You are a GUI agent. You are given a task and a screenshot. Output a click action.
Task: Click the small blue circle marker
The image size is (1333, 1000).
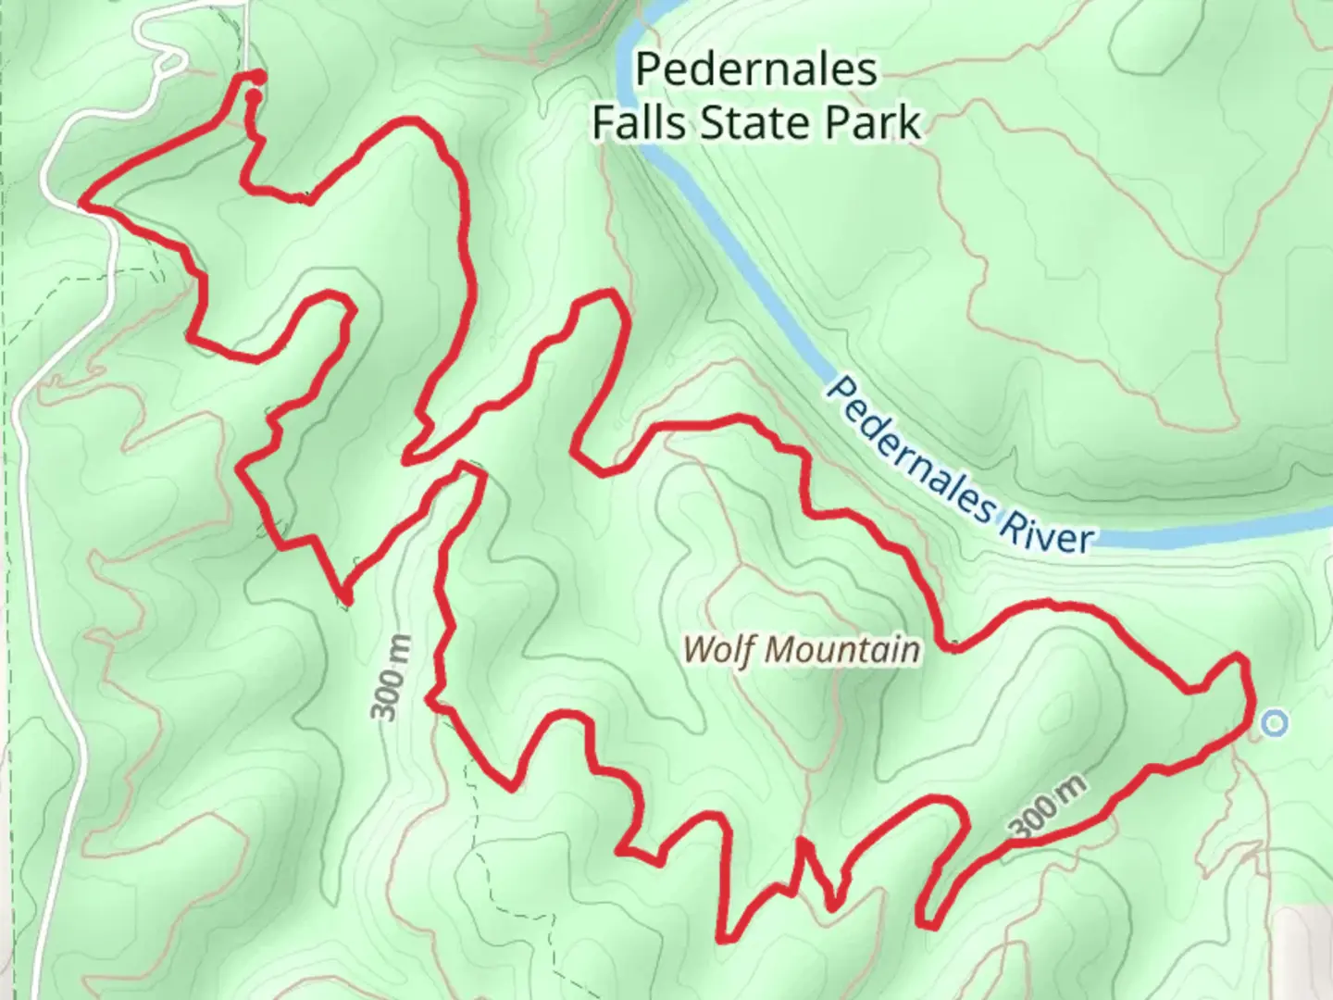coord(1276,722)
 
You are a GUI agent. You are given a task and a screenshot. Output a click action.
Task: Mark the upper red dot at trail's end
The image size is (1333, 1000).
coord(259,77)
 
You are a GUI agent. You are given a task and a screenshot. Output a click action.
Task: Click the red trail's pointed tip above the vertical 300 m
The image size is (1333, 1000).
coord(344,600)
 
